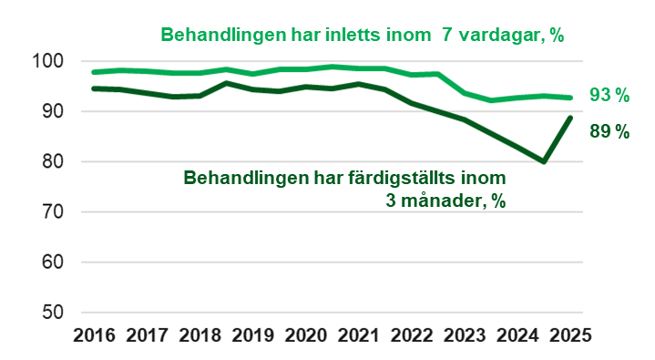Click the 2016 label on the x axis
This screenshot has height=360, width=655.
94,334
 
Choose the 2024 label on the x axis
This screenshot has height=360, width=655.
516,334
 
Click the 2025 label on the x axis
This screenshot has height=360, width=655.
568,334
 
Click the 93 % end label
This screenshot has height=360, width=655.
609,96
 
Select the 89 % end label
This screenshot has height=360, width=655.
609,131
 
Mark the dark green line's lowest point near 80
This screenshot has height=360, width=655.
543,161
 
